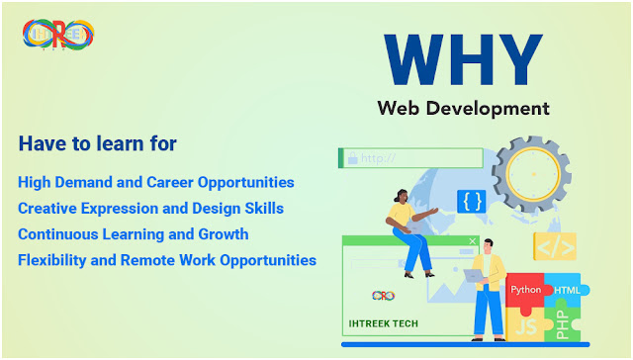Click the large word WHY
[463, 59]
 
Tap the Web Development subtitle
[463, 109]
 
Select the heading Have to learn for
[98, 143]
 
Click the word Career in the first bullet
[169, 182]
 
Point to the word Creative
[47, 209]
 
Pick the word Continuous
[57, 234]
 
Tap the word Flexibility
[52, 260]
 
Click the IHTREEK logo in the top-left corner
[58, 36]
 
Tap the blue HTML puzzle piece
[565, 289]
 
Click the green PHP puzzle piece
[563, 322]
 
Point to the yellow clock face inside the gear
[533, 174]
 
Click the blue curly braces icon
[472, 202]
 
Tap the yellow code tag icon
[555, 246]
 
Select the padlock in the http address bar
[353, 158]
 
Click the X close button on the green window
[473, 241]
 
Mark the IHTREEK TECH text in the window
[383, 323]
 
